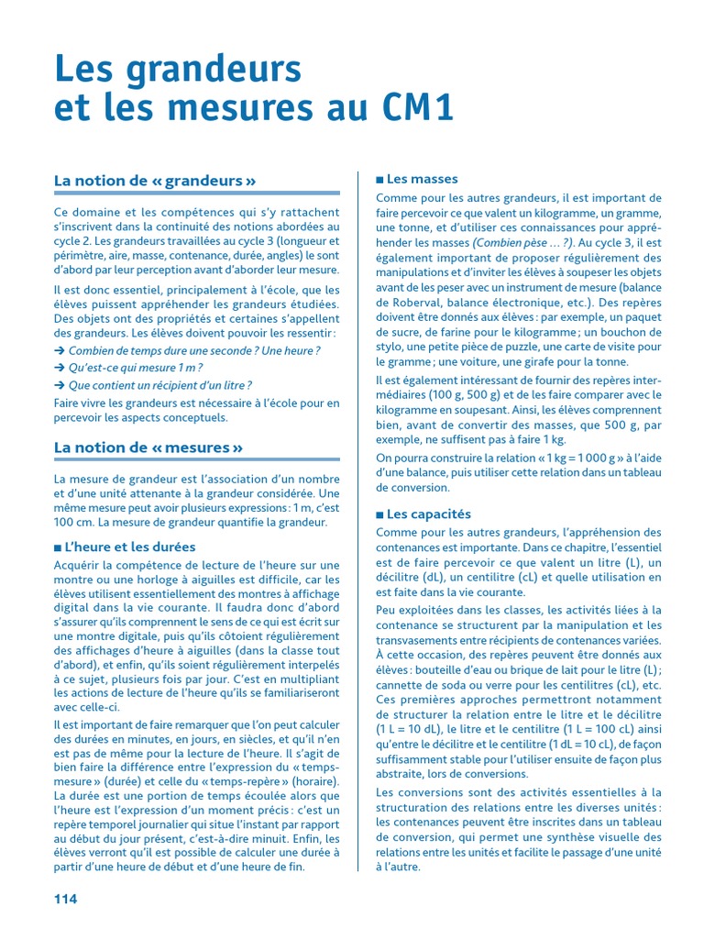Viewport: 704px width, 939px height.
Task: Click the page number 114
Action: click(x=65, y=899)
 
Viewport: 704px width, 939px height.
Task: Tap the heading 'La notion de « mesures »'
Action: click(x=148, y=447)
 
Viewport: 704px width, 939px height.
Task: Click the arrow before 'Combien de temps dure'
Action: click(x=60, y=350)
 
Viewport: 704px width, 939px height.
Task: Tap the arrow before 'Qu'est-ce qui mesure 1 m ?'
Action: click(x=60, y=368)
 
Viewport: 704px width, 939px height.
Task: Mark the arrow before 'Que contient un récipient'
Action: click(x=60, y=385)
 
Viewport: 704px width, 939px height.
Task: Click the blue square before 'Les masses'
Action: click(x=379, y=180)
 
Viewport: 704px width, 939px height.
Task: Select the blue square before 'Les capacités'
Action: click(x=379, y=514)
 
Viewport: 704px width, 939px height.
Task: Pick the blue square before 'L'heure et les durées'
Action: click(x=59, y=547)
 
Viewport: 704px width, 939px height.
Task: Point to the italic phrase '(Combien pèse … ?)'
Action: click(x=522, y=243)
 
